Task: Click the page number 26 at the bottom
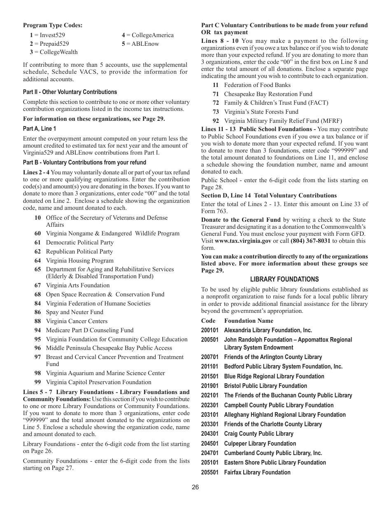(x=195, y=487)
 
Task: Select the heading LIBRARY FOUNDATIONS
(x=284, y=279)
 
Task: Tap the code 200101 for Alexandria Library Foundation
(x=210, y=330)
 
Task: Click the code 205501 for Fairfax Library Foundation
(x=210, y=472)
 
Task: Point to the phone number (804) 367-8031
(x=310, y=241)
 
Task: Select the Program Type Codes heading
(x=53, y=25)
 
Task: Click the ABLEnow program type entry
(x=142, y=44)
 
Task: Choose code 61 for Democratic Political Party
(x=38, y=242)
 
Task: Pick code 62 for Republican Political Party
(x=38, y=251)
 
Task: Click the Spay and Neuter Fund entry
(x=74, y=312)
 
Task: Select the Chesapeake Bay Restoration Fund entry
(x=268, y=94)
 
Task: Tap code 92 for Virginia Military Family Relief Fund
(x=216, y=121)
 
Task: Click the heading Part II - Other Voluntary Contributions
(x=70, y=92)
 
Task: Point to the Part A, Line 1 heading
(x=40, y=129)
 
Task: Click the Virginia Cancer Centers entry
(x=77, y=321)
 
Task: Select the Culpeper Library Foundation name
(x=260, y=444)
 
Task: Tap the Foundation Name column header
(x=249, y=321)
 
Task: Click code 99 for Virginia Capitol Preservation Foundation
(x=38, y=382)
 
